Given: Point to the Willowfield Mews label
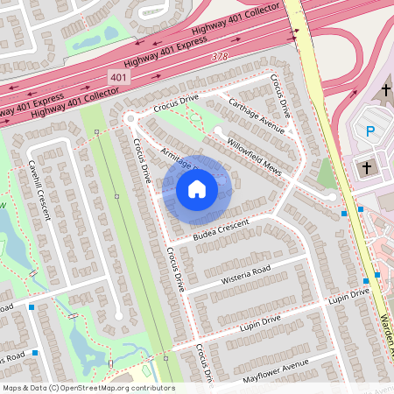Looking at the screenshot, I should click(254, 154).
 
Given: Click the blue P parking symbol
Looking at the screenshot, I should click(369, 132).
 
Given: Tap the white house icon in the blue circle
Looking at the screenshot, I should click(197, 188).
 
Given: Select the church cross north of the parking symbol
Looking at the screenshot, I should click(386, 90).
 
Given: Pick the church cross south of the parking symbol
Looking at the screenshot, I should click(368, 165).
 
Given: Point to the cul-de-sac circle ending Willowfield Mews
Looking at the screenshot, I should click(217, 130).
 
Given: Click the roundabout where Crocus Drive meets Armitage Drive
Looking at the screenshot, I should click(130, 117).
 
